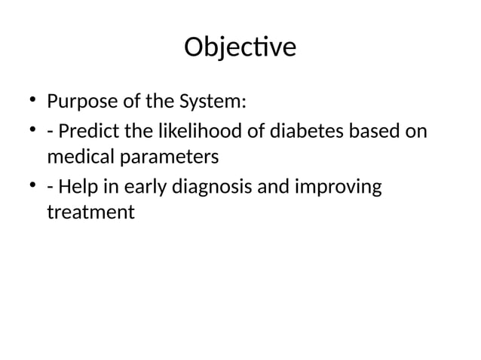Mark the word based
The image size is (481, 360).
pos(378,131)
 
